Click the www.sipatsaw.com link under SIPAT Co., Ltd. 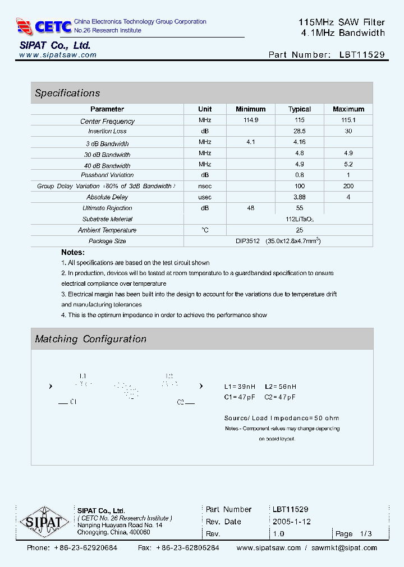click(x=58, y=55)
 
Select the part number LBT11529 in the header click(x=362, y=55)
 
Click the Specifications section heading click(x=67, y=93)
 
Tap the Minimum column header click(x=250, y=109)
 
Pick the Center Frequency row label click(x=107, y=121)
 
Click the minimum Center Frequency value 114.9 click(x=250, y=120)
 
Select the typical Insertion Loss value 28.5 click(x=299, y=131)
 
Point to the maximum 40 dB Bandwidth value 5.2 click(x=348, y=164)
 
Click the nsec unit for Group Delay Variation click(x=205, y=186)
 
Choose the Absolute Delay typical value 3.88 click(x=299, y=197)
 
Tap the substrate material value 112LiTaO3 click(x=299, y=219)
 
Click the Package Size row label click(x=107, y=241)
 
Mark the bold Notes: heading click(x=73, y=253)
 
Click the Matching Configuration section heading click(x=90, y=339)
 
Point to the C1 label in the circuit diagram click(x=74, y=402)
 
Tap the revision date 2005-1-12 click(x=291, y=522)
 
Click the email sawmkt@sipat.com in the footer click(x=344, y=547)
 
